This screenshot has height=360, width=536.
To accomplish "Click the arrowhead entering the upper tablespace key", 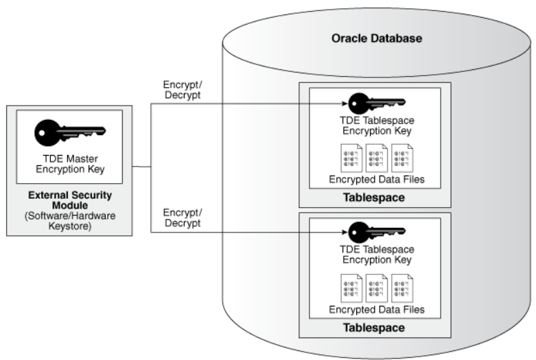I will coord(342,104).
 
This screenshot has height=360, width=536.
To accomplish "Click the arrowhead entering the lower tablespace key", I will coord(342,232).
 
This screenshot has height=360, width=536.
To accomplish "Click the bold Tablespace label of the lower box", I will coord(375,327).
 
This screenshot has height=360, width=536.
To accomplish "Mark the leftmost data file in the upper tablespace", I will coord(351,157).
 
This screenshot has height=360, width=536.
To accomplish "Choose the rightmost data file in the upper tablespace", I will coord(401,157).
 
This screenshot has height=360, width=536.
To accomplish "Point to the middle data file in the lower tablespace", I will coord(376,287).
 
